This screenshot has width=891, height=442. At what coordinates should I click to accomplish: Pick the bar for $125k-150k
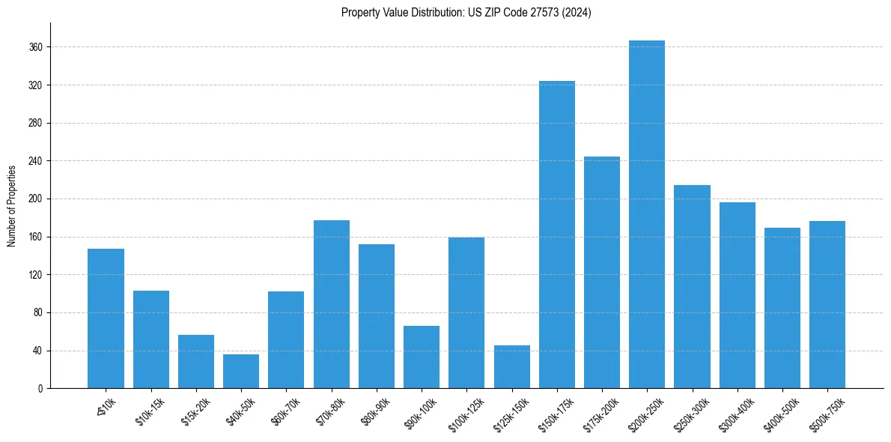point(511,366)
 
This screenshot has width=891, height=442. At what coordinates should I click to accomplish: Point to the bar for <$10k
point(106,318)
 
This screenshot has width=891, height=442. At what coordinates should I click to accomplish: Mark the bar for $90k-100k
point(422,357)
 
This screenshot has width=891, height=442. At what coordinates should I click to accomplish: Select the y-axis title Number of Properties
point(11,205)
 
